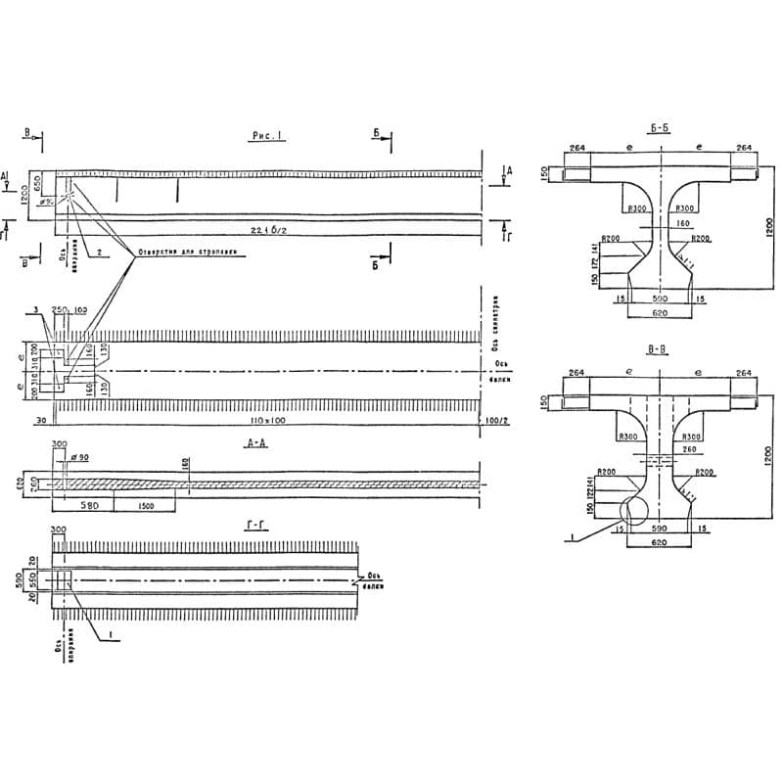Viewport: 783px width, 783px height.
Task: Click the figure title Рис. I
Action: pyautogui.click(x=266, y=137)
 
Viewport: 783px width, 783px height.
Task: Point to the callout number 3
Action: pyautogui.click(x=36, y=310)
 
